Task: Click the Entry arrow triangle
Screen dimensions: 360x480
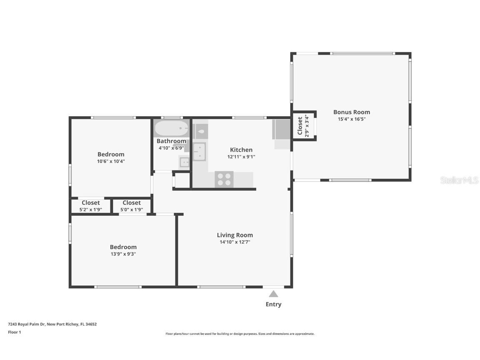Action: click(x=273, y=294)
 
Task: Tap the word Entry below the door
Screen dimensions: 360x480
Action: click(x=273, y=304)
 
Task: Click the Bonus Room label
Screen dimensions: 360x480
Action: click(x=351, y=112)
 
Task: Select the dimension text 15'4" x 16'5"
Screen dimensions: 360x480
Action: click(x=351, y=119)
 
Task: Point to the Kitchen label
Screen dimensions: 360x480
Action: click(x=241, y=150)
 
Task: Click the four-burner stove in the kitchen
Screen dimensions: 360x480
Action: click(x=224, y=180)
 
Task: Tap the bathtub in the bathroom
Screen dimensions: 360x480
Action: click(x=171, y=128)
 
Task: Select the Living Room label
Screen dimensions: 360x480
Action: click(x=235, y=235)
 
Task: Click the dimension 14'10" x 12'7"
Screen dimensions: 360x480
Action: click(x=235, y=242)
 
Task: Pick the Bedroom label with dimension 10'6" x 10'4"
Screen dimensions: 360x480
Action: click(x=111, y=154)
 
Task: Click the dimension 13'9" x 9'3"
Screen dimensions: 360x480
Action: click(x=123, y=254)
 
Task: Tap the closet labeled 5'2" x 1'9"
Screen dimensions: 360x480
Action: click(x=90, y=206)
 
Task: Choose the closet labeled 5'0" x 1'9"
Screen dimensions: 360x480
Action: click(x=132, y=206)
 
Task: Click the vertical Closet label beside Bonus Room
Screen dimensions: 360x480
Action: click(x=300, y=126)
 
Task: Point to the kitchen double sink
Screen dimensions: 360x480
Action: click(x=199, y=152)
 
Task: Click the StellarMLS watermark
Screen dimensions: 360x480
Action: click(x=460, y=180)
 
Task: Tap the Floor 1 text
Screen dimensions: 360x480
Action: click(x=14, y=332)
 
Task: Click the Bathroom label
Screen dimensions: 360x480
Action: click(x=171, y=141)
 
